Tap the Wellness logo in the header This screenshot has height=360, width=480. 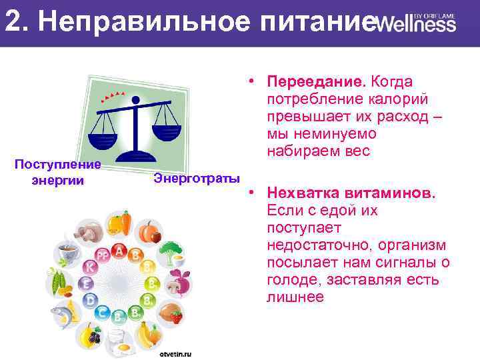415,24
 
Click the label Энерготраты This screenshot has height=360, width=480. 196,178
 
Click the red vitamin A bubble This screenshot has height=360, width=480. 120,251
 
